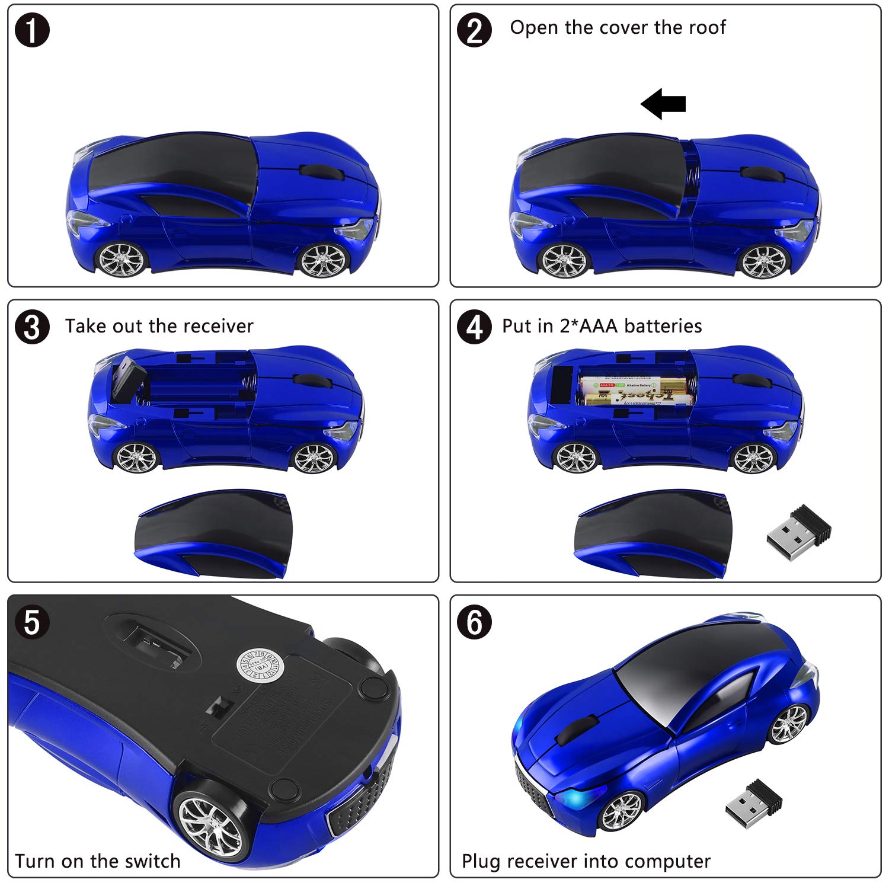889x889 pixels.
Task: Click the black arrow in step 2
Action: point(663,104)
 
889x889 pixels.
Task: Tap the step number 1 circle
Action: point(32,31)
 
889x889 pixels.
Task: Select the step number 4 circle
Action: point(474,327)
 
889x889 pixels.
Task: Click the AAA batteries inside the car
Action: point(634,391)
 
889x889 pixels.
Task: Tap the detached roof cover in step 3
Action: point(213,533)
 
